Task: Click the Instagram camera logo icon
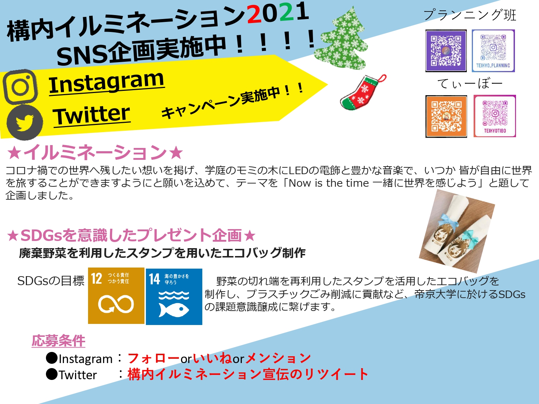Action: point(20,87)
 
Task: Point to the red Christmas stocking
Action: point(362,93)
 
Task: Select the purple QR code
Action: point(446,51)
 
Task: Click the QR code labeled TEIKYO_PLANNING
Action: point(493,51)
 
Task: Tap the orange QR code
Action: point(446,116)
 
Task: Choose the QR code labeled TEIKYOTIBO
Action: point(494,116)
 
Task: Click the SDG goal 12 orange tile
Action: point(116,296)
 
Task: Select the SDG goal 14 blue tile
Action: point(174,297)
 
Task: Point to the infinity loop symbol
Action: point(116,304)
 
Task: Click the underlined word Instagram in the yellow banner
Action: point(107,83)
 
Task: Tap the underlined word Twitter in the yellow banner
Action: point(91,115)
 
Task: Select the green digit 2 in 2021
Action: point(286,12)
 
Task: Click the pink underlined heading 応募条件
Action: point(59,340)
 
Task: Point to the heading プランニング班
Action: point(470,15)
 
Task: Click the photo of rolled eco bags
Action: point(457,231)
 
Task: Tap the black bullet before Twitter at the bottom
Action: point(52,374)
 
